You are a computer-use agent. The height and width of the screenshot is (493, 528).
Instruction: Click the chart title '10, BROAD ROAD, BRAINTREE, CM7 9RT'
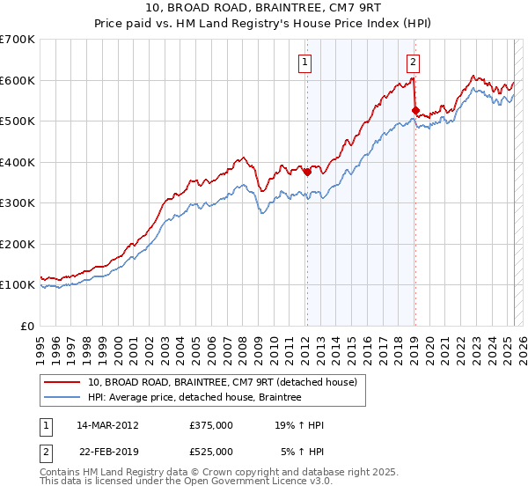tap(263, 9)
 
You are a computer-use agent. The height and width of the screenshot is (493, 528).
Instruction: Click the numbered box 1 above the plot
tap(304, 62)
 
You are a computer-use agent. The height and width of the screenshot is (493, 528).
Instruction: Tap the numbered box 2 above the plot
tap(413, 62)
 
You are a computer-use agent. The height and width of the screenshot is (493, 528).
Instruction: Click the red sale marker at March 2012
tap(307, 173)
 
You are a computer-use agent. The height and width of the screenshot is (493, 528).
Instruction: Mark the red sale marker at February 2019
tap(415, 111)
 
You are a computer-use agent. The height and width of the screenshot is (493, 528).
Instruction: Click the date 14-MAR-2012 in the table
tap(108, 425)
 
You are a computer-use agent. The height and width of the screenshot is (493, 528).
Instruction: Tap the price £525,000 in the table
tap(211, 452)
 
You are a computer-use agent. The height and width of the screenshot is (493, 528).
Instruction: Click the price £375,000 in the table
tap(211, 425)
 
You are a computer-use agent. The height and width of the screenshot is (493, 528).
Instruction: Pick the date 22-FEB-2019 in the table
tap(107, 452)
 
